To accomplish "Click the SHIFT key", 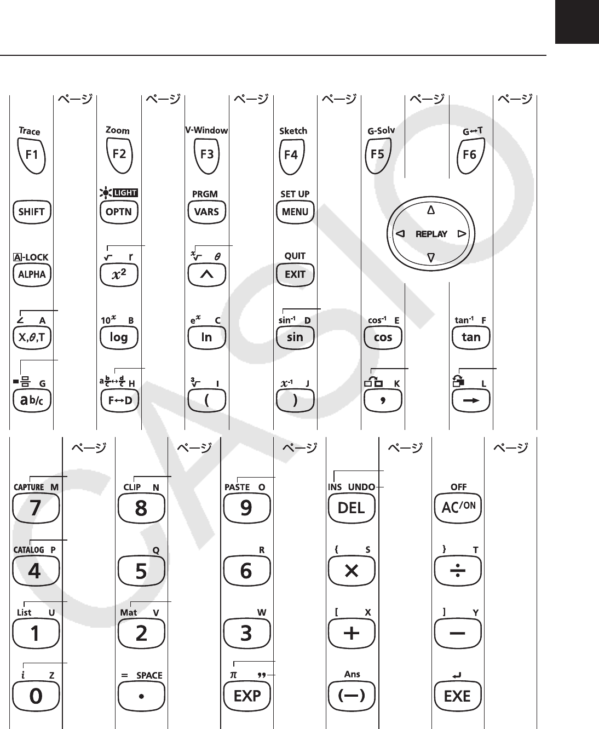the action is point(32,212).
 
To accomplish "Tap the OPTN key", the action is point(119,212).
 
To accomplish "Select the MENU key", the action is point(295,212).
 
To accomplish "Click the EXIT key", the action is point(295,274).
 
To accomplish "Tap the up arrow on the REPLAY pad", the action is point(431,210).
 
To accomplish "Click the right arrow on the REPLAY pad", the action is point(462,234).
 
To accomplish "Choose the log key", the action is point(119,337).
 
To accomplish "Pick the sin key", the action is point(295,337).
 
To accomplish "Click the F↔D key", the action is point(120,400).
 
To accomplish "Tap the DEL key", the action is point(351,508).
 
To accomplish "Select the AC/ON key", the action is point(458,508).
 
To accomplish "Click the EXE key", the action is point(458,696).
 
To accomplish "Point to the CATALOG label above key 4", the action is point(28,549).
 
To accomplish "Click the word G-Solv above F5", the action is point(381,131).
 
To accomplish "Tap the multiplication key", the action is point(351,571).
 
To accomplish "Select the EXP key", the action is point(247,696).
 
